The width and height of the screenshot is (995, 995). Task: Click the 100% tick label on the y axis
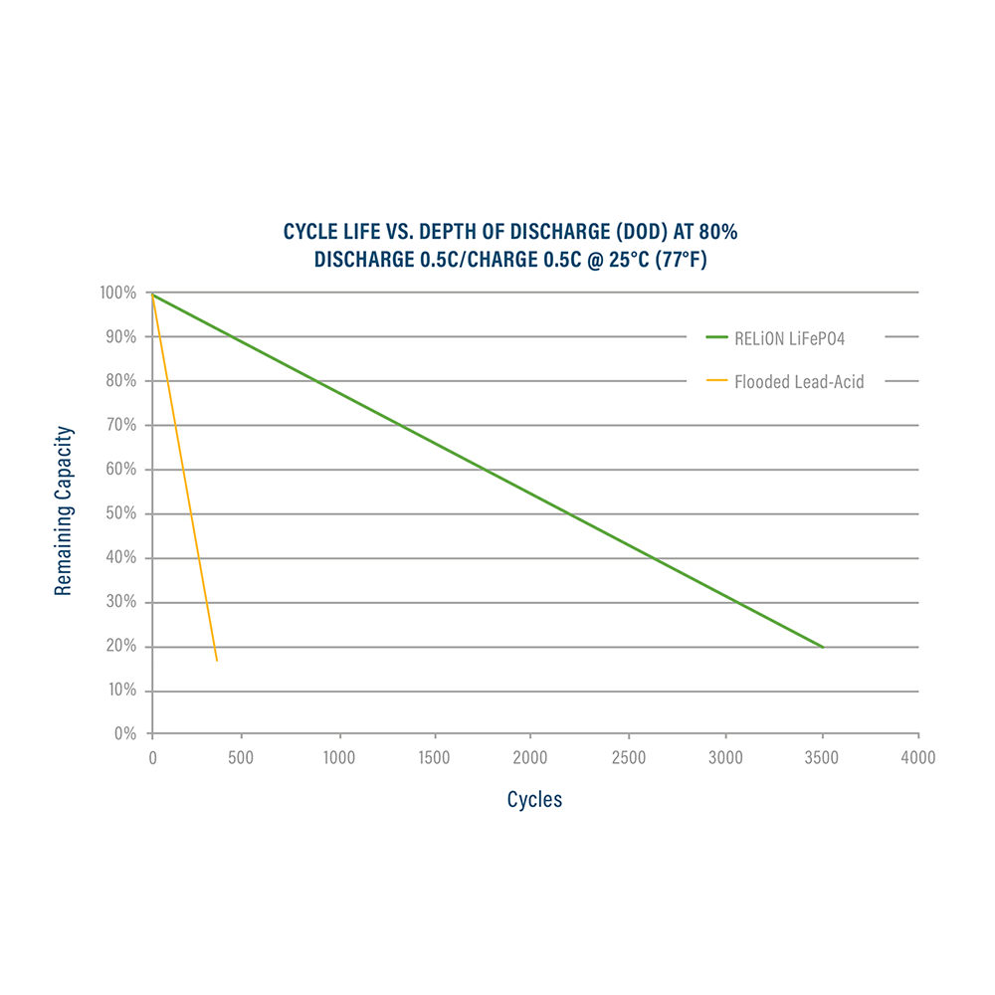pyautogui.click(x=119, y=294)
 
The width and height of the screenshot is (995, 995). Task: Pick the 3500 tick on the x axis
pyautogui.click(x=822, y=758)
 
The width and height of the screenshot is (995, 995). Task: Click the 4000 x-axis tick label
pyautogui.click(x=918, y=758)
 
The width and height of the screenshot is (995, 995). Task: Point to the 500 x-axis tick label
pyautogui.click(x=240, y=758)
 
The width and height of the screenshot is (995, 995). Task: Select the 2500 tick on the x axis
pyautogui.click(x=628, y=758)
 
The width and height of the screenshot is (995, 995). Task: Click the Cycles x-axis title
pyautogui.click(x=534, y=799)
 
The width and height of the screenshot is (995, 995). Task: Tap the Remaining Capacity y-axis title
pyautogui.click(x=64, y=511)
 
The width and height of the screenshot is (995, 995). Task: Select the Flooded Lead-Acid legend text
pyautogui.click(x=799, y=381)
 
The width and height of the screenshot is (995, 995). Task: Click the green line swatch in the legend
pyautogui.click(x=716, y=337)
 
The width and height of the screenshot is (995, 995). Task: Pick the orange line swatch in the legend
pyautogui.click(x=716, y=381)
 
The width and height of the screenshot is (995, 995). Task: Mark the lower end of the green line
pyautogui.click(x=823, y=647)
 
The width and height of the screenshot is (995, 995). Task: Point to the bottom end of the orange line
pyautogui.click(x=216, y=661)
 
